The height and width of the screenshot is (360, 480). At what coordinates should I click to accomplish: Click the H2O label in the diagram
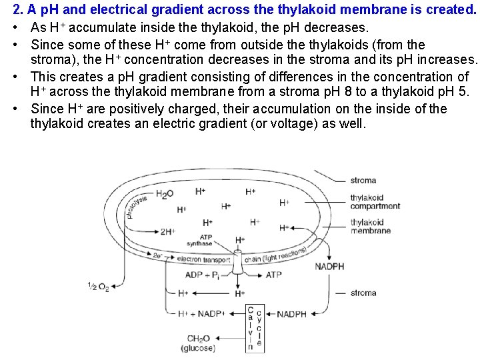coord(164,194)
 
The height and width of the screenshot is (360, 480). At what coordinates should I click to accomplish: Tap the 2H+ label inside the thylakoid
coord(167,232)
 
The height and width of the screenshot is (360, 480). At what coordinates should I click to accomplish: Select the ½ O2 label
coord(98,287)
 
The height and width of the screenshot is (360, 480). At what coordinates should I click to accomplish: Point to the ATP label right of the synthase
coord(274,275)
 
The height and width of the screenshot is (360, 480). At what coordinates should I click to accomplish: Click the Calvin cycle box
coord(254,328)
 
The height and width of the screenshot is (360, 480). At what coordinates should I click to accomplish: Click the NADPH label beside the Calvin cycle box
coord(292,314)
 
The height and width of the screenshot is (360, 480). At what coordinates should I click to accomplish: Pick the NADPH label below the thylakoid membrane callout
coord(329,267)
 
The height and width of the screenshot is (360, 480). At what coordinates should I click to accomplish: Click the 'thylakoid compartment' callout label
coord(375,202)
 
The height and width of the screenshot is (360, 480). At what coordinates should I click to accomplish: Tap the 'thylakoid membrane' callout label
coord(370,227)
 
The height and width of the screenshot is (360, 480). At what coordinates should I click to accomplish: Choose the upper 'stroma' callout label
coord(363,180)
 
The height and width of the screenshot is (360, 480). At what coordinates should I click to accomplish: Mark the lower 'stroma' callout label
coord(363,293)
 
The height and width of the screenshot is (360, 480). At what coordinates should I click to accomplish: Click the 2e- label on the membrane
coord(158,255)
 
